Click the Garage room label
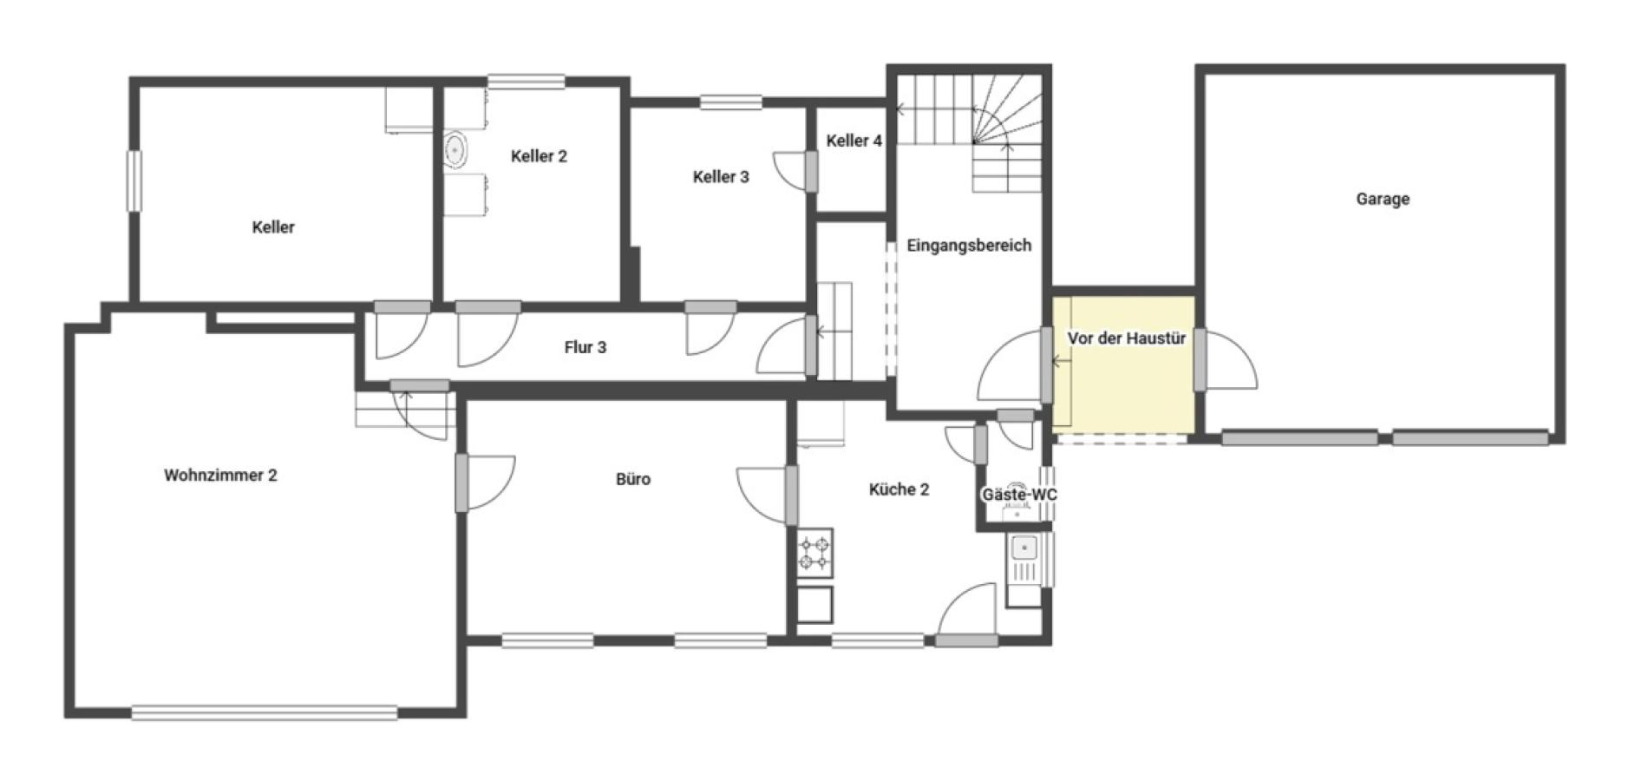1383,199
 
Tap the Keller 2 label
539,156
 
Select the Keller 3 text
721,177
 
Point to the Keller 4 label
854,141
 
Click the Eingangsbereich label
969,246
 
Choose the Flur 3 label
586,347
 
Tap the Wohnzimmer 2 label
220,476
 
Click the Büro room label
633,479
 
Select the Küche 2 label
900,489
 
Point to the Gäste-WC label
1019,495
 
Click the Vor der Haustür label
1127,338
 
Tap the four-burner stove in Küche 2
814,554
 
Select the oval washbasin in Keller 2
455,150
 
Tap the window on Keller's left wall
134,180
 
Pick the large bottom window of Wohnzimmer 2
265,712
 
